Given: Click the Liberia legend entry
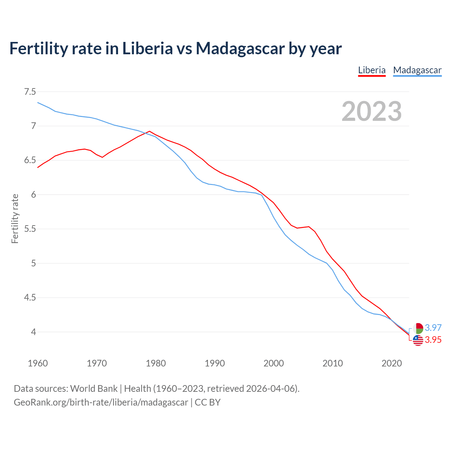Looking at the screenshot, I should pos(372,70).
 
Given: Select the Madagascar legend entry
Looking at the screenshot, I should pos(417,70).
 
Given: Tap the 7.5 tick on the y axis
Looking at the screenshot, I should pos(30,92).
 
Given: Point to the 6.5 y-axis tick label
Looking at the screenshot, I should pos(30,160).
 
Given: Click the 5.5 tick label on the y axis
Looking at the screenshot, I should pos(30,229).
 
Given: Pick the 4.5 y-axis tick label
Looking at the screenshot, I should pos(30,298).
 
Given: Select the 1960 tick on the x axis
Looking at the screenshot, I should pos(38,363).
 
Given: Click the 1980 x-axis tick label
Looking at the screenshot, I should pos(156,363).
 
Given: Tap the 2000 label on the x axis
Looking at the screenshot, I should pos(274,363).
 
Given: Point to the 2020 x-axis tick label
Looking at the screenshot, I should pos(391,363).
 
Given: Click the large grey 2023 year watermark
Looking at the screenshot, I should pos(372,111).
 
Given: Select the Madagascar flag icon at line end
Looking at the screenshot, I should pos(418,328).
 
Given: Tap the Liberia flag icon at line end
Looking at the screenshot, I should pos(418,340).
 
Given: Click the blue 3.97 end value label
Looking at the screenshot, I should pos(433,328).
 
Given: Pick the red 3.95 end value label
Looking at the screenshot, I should pos(433,340).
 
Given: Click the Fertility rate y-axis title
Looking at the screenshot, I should pos(15,218).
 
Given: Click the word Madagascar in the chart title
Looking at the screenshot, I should pos(240,48).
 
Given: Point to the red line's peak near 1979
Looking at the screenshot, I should pos(150,131).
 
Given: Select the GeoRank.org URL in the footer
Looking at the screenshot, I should pos(101,402).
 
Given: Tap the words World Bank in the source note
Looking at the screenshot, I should pos(94,389).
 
